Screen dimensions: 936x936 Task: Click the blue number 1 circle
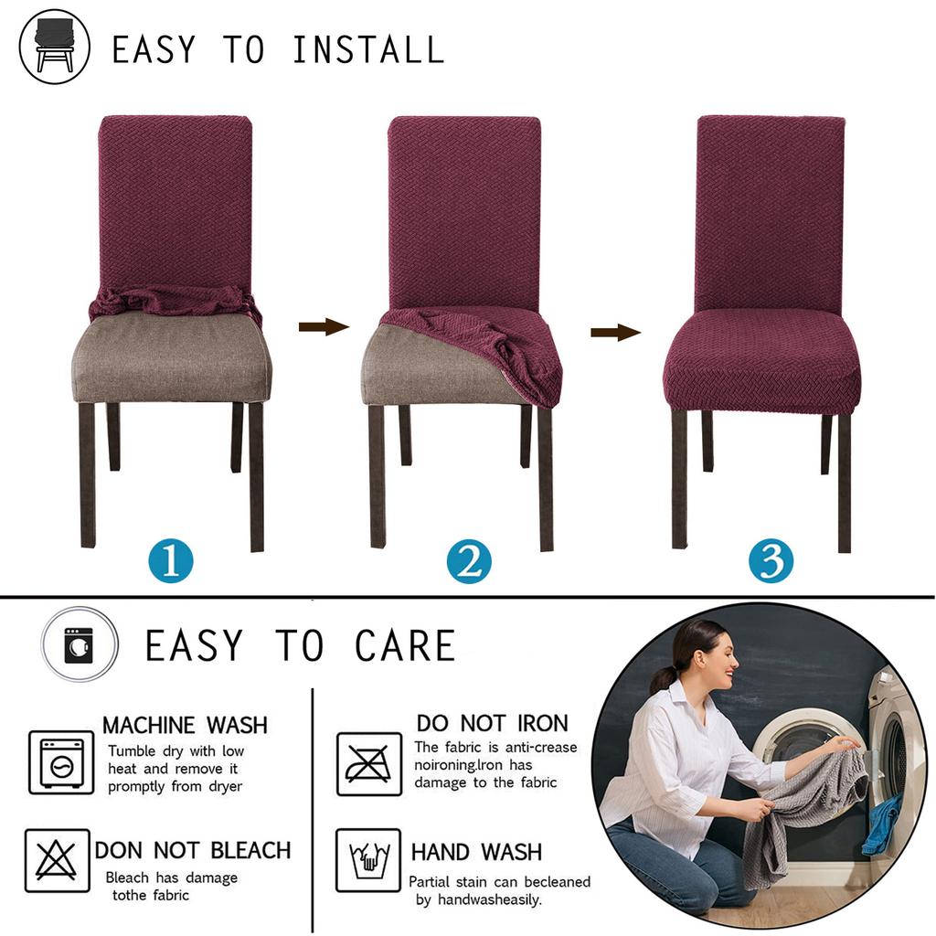(x=170, y=560)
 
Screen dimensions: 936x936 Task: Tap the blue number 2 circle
(x=469, y=561)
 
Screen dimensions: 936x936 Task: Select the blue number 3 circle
(x=771, y=561)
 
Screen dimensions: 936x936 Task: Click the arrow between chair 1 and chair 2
(x=324, y=327)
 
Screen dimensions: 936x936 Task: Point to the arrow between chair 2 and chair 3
(x=615, y=332)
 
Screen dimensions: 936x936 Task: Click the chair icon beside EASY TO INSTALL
(x=55, y=47)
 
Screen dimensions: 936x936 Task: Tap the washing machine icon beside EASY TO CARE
(x=80, y=644)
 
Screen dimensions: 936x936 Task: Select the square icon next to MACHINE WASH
(x=61, y=762)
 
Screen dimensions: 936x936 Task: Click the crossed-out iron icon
(x=368, y=763)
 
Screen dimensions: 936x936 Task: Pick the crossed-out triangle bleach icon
(x=57, y=860)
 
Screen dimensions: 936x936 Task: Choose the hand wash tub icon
(x=367, y=860)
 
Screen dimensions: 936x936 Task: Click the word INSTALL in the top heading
(x=367, y=49)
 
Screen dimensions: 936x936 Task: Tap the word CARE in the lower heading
(x=405, y=646)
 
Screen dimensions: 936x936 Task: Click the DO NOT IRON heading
(x=492, y=723)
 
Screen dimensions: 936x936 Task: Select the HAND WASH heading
(x=475, y=852)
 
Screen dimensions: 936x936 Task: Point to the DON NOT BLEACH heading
(x=193, y=850)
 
